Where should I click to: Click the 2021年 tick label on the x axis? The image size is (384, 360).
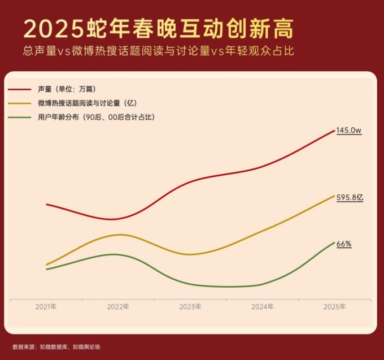[46, 306]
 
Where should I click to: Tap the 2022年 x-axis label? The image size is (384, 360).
[118, 306]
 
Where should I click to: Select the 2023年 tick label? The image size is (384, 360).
[190, 306]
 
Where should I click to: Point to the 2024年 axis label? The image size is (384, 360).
[263, 306]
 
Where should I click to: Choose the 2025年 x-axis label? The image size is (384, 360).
[335, 306]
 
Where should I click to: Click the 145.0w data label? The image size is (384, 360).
[348, 131]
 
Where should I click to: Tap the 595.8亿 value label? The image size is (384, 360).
[350, 198]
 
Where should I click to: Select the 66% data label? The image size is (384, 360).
[344, 244]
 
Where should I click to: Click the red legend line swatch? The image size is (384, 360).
[20, 89]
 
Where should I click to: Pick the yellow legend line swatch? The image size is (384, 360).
[20, 103]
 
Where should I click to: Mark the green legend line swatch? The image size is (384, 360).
[20, 118]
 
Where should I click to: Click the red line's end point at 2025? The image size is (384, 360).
[334, 131]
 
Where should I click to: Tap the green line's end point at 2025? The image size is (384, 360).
[334, 242]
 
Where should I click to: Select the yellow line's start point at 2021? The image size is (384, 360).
[46, 264]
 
